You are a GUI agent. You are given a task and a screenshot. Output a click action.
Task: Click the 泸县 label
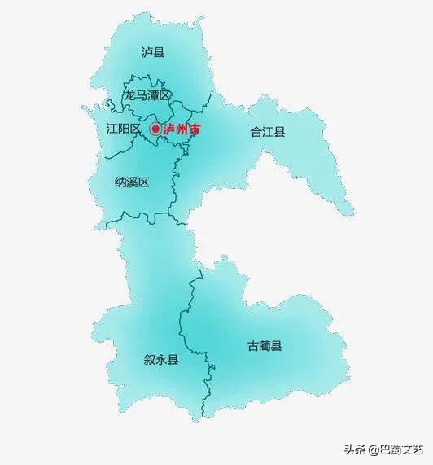(152, 53)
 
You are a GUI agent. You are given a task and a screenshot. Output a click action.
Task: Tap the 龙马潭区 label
(147, 95)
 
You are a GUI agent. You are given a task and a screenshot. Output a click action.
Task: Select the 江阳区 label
(124, 129)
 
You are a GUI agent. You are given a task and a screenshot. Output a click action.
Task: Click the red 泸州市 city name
(182, 129)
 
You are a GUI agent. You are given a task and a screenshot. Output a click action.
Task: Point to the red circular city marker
(155, 129)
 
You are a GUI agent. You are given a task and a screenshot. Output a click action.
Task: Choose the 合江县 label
(268, 131)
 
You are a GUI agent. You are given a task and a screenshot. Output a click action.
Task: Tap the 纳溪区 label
(131, 182)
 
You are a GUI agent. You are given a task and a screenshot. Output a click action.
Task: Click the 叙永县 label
(160, 359)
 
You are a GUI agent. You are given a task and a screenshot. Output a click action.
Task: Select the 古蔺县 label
(265, 346)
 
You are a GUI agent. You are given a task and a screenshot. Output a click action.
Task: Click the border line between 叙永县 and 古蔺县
(195, 326)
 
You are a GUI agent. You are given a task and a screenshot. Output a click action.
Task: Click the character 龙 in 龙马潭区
(129, 95)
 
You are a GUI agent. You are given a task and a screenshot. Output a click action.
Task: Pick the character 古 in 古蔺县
(253, 346)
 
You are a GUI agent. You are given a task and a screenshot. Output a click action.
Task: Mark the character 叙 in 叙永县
(149, 359)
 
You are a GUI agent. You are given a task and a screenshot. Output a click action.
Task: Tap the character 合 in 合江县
(256, 131)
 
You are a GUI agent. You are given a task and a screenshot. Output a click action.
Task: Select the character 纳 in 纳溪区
(120, 182)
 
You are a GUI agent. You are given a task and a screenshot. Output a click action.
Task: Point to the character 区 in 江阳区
(135, 129)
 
